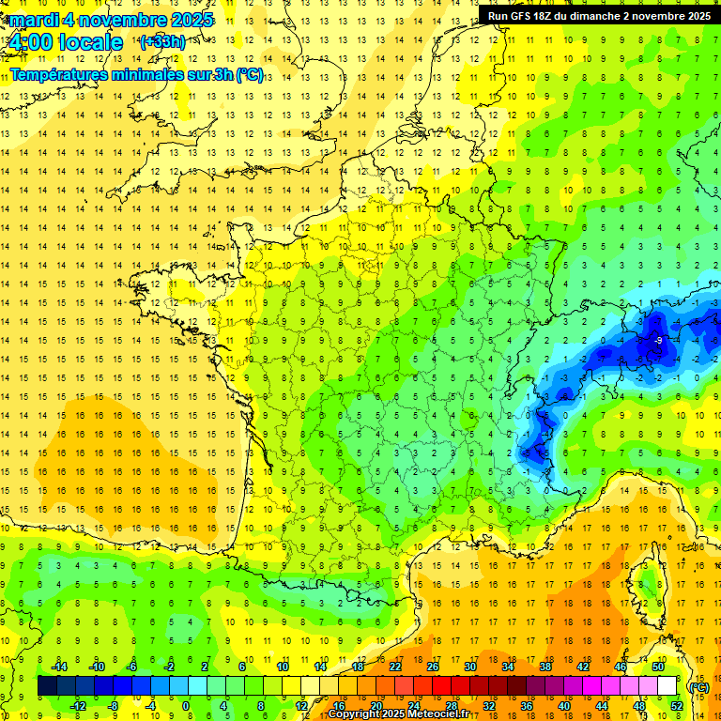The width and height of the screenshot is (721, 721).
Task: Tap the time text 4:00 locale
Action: click(x=64, y=42)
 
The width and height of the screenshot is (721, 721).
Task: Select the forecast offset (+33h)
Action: click(x=161, y=42)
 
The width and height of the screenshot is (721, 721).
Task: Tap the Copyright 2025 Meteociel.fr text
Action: click(x=398, y=714)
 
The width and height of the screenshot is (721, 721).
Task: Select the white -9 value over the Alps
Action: click(x=659, y=340)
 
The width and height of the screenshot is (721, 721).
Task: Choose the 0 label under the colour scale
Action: click(x=186, y=706)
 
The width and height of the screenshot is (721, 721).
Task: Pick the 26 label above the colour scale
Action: click(x=433, y=667)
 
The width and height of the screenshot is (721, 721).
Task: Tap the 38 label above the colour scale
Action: click(x=545, y=667)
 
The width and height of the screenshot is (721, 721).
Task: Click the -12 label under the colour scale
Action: click(x=78, y=706)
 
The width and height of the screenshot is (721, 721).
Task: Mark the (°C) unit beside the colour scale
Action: click(x=699, y=686)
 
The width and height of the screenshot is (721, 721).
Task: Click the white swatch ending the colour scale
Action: click(x=667, y=686)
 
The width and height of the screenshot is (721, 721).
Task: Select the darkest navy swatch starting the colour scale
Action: click(x=47, y=686)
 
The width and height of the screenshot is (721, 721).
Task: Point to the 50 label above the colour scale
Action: click(x=657, y=667)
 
